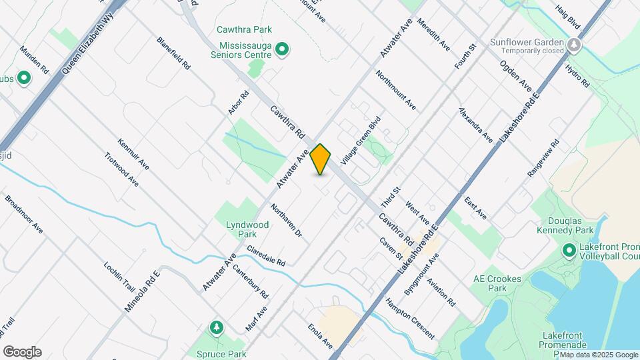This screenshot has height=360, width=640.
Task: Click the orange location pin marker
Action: coord(321,159)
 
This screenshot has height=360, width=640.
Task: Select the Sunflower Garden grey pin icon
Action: coord(575,45)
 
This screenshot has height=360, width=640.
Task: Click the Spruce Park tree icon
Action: coord(216,328)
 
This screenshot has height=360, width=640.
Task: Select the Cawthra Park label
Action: coord(244,29)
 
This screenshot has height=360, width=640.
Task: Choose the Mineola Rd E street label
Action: coord(142,291)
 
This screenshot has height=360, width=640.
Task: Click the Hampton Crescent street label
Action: coord(409,318)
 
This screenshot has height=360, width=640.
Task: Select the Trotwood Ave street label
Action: coord(121,169)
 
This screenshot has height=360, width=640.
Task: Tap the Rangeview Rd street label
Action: coord(543,158)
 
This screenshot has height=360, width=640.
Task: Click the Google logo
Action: coord(22,352)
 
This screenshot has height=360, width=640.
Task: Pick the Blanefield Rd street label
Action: coord(174,53)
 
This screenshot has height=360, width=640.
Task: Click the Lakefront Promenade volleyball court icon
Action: coord(569,251)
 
